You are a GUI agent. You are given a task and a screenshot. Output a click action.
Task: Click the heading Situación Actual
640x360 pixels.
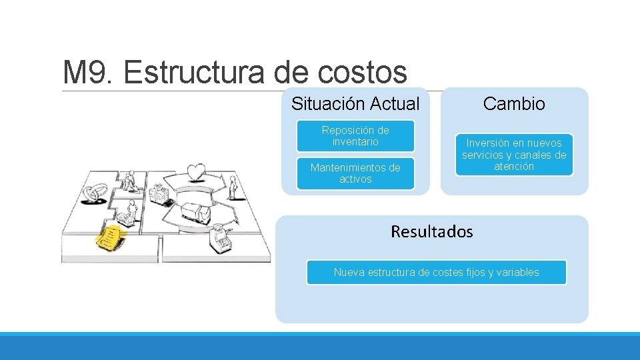point(355,104)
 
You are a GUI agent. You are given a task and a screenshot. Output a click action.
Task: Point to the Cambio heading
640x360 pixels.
point(514,104)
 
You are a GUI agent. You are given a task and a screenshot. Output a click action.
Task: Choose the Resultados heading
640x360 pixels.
point(431,232)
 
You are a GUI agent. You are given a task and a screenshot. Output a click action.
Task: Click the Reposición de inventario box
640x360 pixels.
point(355,136)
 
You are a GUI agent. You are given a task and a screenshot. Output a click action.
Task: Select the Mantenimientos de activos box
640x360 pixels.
point(355,173)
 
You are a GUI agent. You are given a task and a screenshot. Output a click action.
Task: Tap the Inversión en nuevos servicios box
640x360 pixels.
point(514,155)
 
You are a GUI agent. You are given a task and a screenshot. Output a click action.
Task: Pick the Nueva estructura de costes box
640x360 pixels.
point(436,272)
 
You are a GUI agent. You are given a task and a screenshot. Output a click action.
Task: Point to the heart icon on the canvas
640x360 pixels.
point(195,172)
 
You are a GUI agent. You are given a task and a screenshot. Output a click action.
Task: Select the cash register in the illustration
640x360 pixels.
point(219,235)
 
